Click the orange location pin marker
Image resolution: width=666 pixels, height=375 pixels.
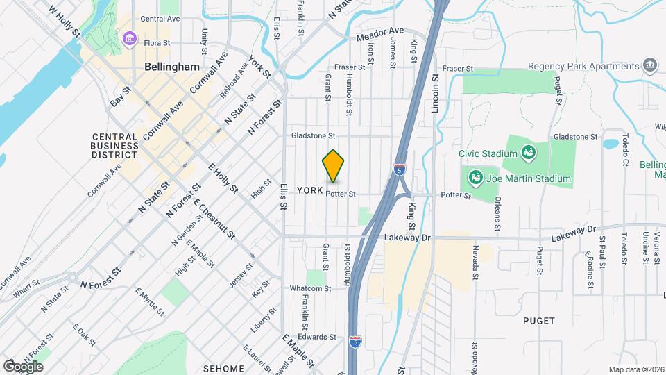point(333,165)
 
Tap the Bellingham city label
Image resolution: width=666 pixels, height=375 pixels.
point(172,67)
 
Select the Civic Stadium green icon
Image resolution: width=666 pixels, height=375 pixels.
point(528,152)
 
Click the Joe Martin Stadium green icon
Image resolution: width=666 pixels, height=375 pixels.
point(476,178)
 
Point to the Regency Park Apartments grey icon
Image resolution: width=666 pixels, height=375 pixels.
point(651,66)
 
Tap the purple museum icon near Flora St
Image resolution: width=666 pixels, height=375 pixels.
point(128,39)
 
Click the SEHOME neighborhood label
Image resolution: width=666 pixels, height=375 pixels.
point(224,368)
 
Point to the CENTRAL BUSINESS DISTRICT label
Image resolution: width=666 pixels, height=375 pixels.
point(115,145)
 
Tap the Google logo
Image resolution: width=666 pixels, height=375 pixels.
point(23,366)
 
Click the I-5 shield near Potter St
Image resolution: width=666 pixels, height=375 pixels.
point(399,169)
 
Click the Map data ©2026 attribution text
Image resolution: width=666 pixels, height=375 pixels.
point(635,369)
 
